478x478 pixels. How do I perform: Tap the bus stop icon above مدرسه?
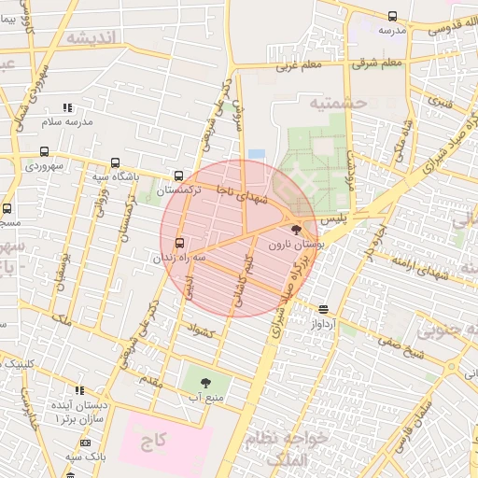pos(391,17)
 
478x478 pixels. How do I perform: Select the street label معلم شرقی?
pos(378,63)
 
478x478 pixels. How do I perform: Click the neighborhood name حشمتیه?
pos(335,102)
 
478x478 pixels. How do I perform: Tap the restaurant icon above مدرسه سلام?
pos(66,108)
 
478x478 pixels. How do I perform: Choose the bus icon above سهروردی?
pos(44,151)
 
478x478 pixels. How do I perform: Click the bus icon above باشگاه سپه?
pos(115,162)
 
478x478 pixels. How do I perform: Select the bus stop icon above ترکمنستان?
pos(178,175)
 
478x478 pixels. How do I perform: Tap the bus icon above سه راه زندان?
pos(179,243)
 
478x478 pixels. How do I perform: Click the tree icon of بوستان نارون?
pos(297,229)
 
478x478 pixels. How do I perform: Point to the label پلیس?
pos(334,220)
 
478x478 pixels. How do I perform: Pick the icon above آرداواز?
pos(323,309)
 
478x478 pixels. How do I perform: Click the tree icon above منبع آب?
pos(205,382)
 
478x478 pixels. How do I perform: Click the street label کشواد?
pos(202,330)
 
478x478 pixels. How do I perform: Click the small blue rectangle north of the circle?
pos(257,153)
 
